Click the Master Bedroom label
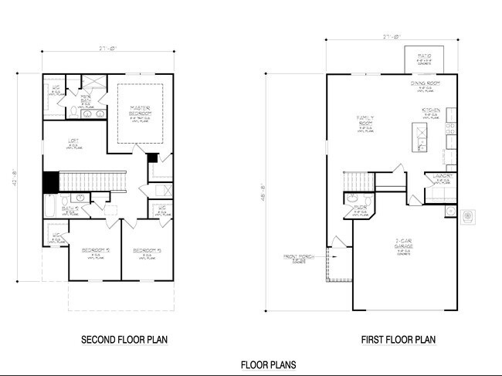point(140,110)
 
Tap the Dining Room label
point(423,86)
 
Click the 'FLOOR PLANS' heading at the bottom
point(268,365)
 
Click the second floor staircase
point(93,181)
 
